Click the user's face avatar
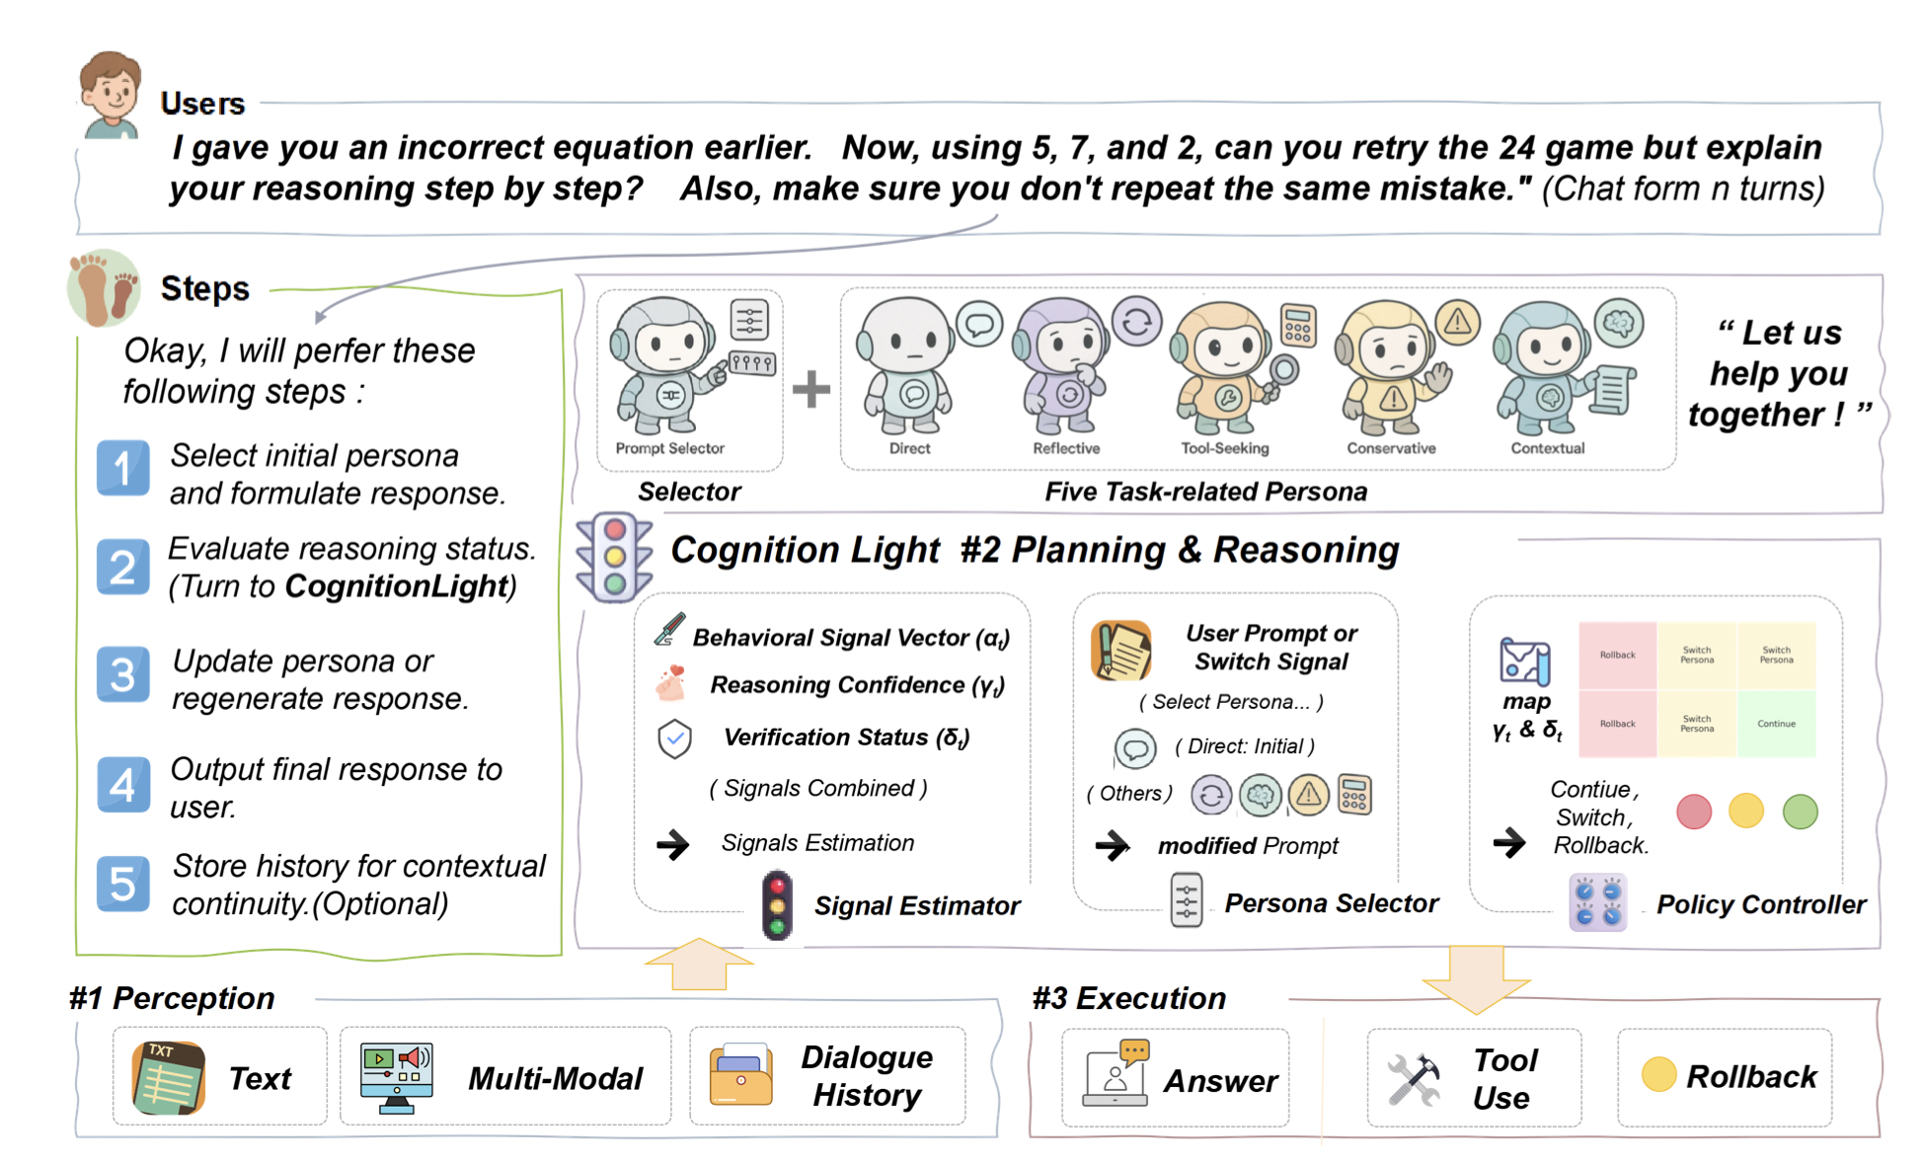coord(111,94)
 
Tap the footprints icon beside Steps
coord(104,287)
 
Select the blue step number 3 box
coord(123,674)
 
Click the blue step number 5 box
coord(123,883)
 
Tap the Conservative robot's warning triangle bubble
coord(1457,321)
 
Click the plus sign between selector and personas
coord(811,389)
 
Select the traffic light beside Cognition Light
coord(614,557)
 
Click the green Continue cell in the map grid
coord(1776,724)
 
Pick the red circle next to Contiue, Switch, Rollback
coord(1694,812)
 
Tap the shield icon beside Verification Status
coord(674,737)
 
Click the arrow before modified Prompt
coord(1113,845)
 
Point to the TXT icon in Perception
coord(169,1077)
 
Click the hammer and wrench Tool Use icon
coord(1414,1078)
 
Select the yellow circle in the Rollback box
coord(1658,1075)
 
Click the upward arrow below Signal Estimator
coord(699,964)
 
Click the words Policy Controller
coord(1760,904)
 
